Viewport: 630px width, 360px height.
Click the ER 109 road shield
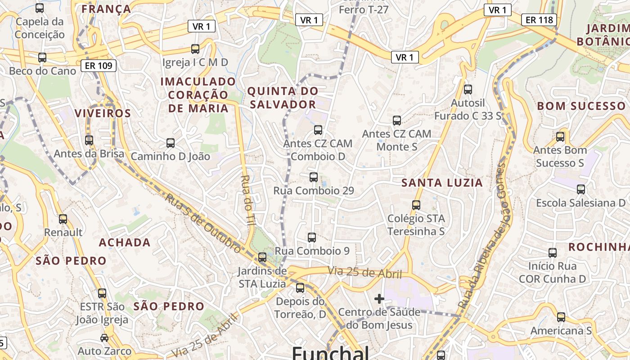point(98,66)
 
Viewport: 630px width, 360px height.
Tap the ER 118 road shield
point(539,20)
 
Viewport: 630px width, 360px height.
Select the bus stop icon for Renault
point(63,219)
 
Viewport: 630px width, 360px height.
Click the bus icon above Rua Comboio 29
point(314,177)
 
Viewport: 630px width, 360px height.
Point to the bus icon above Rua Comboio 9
point(311,237)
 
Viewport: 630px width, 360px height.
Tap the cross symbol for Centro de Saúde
point(379,298)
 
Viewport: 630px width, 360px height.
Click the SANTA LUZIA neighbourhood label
point(442,183)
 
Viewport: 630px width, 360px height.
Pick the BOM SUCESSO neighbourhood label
point(581,106)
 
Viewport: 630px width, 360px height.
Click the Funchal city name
point(330,353)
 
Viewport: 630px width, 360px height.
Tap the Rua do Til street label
point(248,201)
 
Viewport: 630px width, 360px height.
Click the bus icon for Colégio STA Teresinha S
point(416,205)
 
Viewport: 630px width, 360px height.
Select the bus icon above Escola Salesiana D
point(581,189)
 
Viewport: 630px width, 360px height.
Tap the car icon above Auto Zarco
point(104,337)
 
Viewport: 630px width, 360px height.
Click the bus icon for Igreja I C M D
point(195,49)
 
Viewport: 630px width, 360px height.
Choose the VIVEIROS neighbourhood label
point(103,113)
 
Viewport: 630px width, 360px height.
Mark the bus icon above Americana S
point(561,317)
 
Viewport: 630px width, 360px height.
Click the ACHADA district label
point(125,243)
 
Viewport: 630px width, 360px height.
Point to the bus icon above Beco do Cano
point(42,58)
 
